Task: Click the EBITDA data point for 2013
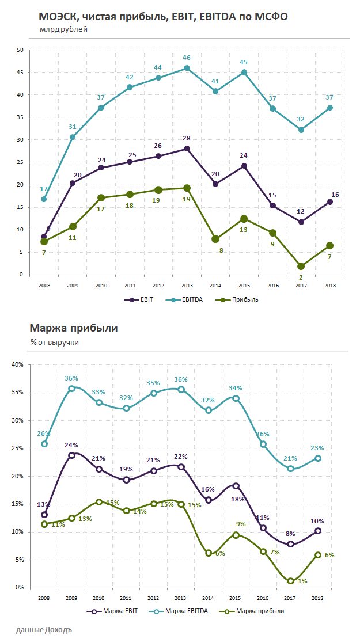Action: click(187, 68)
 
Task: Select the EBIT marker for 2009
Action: click(72, 183)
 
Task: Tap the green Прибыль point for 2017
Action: click(301, 266)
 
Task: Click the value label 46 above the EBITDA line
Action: click(187, 58)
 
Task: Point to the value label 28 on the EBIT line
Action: click(187, 138)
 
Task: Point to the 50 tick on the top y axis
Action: click(20, 50)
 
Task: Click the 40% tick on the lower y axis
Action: click(17, 364)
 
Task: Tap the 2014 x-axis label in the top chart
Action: click(215, 285)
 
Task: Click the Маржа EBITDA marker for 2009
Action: click(72, 389)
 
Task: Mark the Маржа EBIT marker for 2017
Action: click(291, 544)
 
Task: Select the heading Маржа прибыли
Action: click(73, 329)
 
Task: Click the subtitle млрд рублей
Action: click(63, 29)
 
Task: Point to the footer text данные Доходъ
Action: click(44, 629)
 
